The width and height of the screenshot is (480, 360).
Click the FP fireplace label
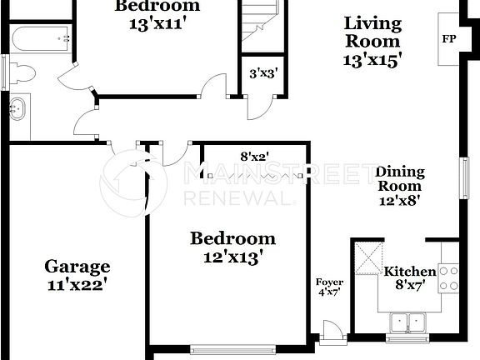coord(448,39)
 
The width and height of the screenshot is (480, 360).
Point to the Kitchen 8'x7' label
coord(409,279)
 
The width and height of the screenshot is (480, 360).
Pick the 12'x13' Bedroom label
coord(232,247)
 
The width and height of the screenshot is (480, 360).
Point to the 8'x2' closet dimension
coord(254,156)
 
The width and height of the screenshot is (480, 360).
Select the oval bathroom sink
coord(18,107)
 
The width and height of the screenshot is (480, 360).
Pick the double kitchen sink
coord(407,322)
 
